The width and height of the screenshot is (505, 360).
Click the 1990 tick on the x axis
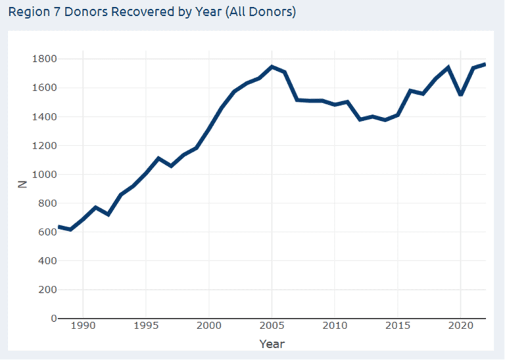(84, 326)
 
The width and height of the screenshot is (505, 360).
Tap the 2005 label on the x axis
(272, 326)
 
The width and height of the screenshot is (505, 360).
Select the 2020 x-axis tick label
(460, 326)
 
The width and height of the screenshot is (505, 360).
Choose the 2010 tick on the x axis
(335, 326)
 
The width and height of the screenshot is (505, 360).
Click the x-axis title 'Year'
(272, 344)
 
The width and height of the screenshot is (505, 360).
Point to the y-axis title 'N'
(22, 185)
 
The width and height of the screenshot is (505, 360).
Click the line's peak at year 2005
(272, 66)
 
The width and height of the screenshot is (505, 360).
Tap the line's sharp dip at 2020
(460, 95)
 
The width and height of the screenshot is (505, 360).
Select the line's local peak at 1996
(158, 158)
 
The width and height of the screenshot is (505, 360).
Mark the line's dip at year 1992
(108, 215)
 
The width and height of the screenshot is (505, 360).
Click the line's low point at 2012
(360, 120)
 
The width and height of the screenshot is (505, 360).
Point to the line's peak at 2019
(448, 67)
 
